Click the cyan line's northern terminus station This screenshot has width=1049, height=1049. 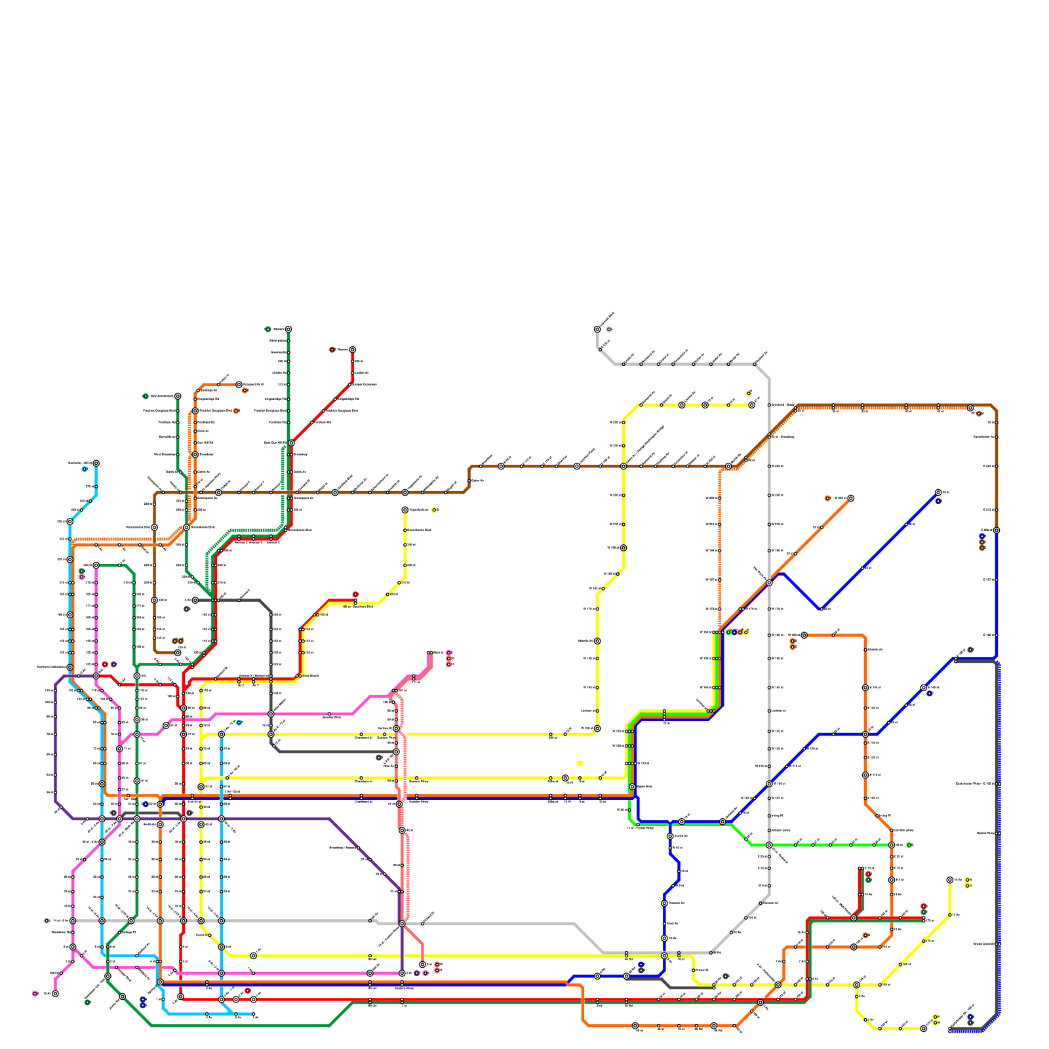[96, 463]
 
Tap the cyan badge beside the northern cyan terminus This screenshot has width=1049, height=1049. [85, 469]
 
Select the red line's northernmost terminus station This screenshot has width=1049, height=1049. [352, 349]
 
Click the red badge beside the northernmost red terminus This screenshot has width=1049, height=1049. [332, 349]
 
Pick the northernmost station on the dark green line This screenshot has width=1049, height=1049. [288, 329]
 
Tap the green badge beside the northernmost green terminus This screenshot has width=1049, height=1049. [267, 329]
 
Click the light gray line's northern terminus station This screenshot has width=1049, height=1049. [597, 329]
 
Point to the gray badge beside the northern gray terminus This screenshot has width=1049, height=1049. [609, 329]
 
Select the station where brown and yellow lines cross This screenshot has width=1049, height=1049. [623, 466]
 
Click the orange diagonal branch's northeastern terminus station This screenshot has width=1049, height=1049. [850, 498]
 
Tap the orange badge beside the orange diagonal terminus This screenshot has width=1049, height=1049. [827, 498]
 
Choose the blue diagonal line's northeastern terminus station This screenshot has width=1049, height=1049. [938, 492]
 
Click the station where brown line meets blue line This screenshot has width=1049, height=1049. [997, 530]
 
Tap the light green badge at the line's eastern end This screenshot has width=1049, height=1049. [909, 844]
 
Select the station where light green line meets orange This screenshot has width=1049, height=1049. [892, 845]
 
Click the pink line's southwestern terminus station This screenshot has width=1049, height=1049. [55, 993]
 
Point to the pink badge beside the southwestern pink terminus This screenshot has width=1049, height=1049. [35, 993]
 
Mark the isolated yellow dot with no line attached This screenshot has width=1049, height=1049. [580, 763]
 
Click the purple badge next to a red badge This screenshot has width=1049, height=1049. [113, 664]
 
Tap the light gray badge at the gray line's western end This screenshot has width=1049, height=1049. [47, 920]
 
